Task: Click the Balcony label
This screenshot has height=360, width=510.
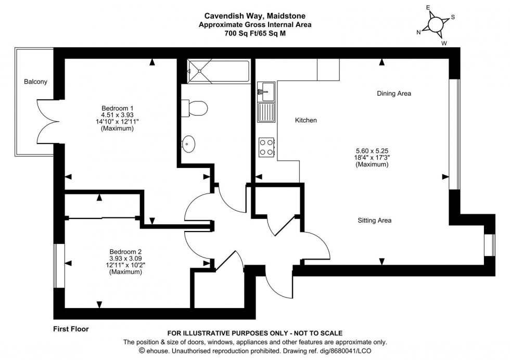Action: pyautogui.click(x=35, y=82)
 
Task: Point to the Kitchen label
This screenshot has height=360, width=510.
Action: pyautogui.click(x=306, y=120)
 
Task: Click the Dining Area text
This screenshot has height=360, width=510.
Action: pyautogui.click(x=394, y=94)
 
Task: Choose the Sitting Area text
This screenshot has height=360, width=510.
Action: pyautogui.click(x=374, y=221)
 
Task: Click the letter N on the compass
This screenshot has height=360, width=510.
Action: pyautogui.click(x=418, y=32)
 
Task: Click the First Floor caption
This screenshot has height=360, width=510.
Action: pyautogui.click(x=71, y=329)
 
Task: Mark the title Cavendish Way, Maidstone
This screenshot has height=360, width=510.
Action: pyautogui.click(x=254, y=16)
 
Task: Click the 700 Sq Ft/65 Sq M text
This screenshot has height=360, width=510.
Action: pyautogui.click(x=254, y=33)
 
